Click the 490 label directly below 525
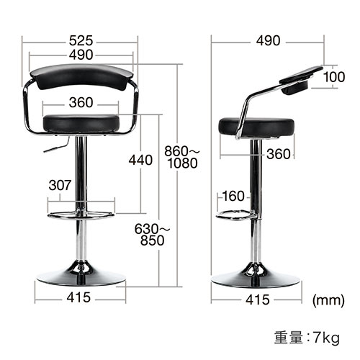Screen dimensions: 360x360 81,55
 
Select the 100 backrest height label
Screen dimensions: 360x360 334,77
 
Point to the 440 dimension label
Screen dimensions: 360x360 140,160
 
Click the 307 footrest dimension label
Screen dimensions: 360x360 60,185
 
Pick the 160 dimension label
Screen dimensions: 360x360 233,196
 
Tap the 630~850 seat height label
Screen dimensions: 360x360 153,236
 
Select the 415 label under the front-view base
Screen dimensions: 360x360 81,298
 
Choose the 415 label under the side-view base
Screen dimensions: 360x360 257,298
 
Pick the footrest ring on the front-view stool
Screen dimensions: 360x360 79,214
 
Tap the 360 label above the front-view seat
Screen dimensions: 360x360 81,102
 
